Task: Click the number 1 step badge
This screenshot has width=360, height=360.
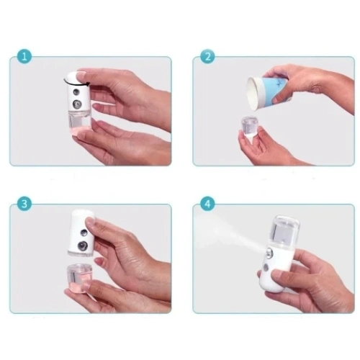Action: [24, 57]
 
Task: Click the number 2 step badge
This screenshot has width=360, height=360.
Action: [207, 57]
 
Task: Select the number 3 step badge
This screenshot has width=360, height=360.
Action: [24, 204]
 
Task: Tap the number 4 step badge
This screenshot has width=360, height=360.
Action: [207, 204]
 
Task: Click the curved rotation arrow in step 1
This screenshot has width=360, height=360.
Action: [76, 84]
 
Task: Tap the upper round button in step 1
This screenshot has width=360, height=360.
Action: [76, 92]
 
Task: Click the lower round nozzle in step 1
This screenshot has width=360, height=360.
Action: [77, 104]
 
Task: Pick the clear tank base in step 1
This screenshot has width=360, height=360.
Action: [79, 122]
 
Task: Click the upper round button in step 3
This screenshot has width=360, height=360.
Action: [84, 233]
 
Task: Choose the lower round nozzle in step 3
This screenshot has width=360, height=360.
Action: [82, 246]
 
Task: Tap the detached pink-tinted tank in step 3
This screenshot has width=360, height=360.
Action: [79, 278]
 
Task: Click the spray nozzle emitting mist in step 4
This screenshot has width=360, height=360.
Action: [269, 253]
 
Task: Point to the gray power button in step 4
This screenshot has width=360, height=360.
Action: [266, 267]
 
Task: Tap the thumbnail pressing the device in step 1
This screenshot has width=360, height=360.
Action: [81, 76]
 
